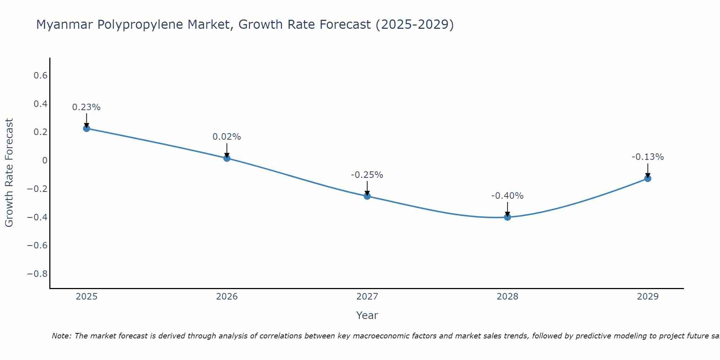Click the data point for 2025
(x=86, y=128)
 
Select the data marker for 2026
(x=227, y=158)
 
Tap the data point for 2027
(x=367, y=196)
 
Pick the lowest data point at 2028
(x=508, y=217)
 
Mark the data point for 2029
(x=648, y=179)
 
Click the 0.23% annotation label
(x=86, y=107)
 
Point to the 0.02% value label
(x=227, y=137)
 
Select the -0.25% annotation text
(x=367, y=175)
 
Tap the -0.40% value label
(x=507, y=196)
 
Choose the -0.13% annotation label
(x=648, y=157)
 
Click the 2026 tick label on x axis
(x=227, y=297)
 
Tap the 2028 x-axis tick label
(x=507, y=297)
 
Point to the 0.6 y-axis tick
(x=41, y=76)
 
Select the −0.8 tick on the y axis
(x=37, y=274)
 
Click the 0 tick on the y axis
(x=45, y=161)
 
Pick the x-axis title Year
(x=367, y=315)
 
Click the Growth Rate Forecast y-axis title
(x=9, y=173)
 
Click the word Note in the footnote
(x=61, y=336)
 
